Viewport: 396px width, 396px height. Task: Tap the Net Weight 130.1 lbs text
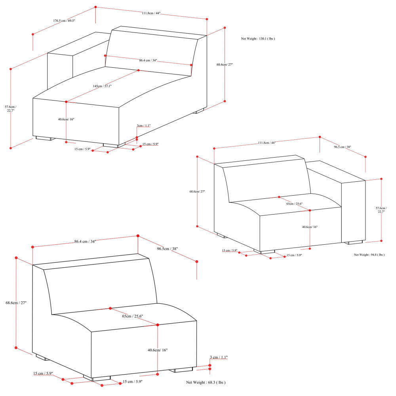click(x=258, y=39)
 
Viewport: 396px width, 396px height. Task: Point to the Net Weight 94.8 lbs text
click(x=369, y=255)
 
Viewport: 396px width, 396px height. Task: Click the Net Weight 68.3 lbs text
click(x=206, y=383)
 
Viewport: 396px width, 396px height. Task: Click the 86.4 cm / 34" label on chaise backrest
click(x=148, y=61)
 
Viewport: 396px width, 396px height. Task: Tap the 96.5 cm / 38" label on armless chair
click(x=167, y=249)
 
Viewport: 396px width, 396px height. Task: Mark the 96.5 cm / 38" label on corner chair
click(x=343, y=147)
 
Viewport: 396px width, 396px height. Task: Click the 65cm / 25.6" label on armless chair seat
click(x=133, y=316)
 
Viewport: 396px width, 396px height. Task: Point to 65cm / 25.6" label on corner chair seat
click(x=295, y=204)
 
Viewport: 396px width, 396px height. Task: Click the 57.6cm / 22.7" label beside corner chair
click(x=381, y=210)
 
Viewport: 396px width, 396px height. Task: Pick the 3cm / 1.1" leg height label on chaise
click(x=144, y=126)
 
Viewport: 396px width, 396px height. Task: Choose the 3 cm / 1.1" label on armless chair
click(x=219, y=357)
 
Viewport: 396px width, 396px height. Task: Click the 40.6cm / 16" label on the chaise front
click(x=66, y=119)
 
